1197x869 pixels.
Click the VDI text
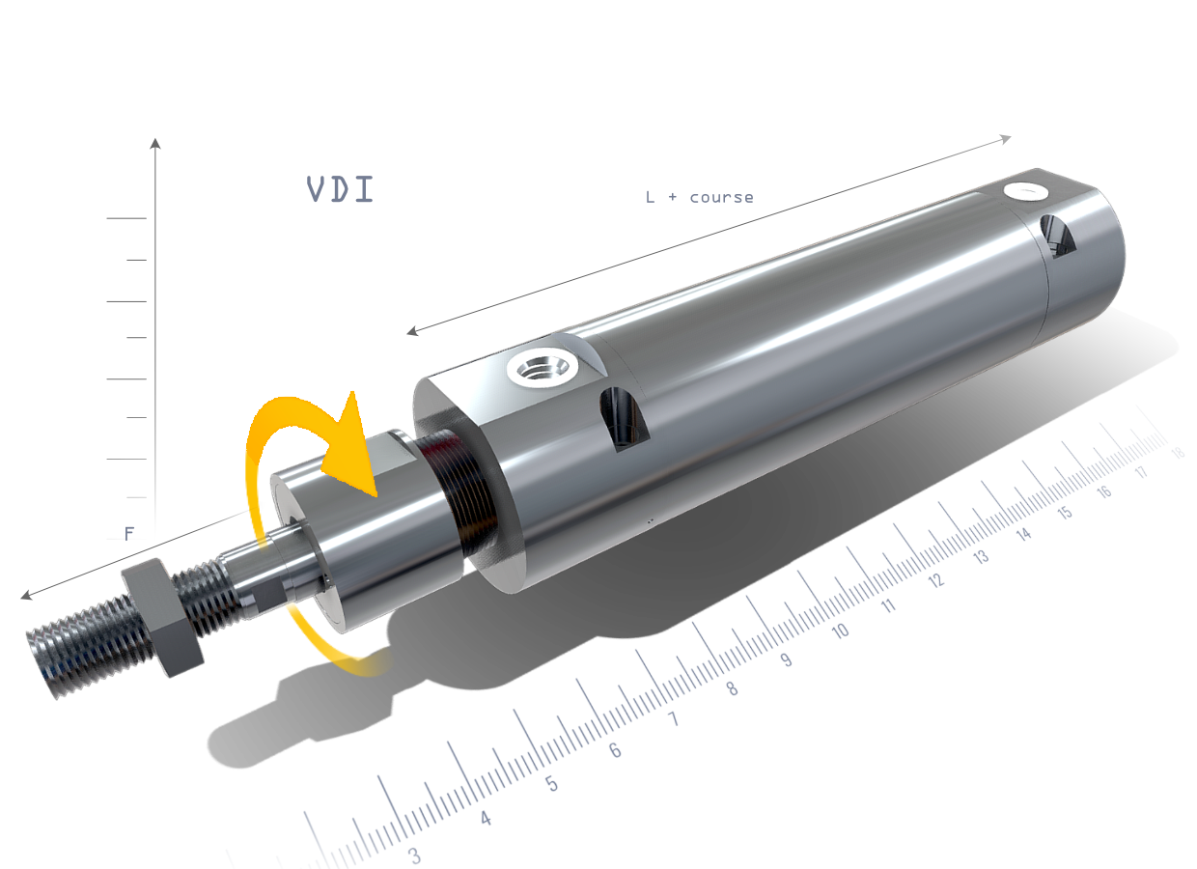point(340,189)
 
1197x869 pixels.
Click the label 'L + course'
point(699,197)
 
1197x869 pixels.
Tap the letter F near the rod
point(129,533)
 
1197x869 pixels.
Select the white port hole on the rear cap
point(1026,190)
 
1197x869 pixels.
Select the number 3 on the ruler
point(415,855)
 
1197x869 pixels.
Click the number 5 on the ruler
point(551,783)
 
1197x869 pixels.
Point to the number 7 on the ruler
point(673,719)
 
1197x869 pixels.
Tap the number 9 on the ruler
point(786,660)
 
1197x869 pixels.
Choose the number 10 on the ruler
point(840,631)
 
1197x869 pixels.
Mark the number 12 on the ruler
point(935,580)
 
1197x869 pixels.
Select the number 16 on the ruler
point(1104,491)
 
